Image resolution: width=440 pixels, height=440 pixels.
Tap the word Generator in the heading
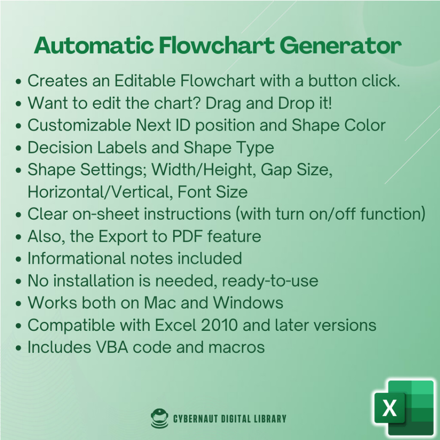[x=341, y=46]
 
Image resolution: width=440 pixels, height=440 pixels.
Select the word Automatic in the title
[x=94, y=45]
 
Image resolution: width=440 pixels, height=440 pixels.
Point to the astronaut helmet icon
[x=159, y=418]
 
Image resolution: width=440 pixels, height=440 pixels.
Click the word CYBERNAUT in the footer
[x=196, y=419]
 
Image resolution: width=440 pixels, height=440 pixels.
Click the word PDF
[x=187, y=236]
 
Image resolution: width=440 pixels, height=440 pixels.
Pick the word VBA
[x=112, y=347]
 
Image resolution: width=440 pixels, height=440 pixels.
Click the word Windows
[x=248, y=303]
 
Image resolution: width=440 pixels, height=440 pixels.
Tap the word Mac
[x=160, y=303]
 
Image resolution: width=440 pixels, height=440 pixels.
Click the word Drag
[x=223, y=104]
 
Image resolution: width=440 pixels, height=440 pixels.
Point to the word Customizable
[x=79, y=125]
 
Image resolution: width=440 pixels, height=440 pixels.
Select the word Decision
[x=60, y=147]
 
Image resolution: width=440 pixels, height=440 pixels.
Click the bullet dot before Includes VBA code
[x=18, y=348]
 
